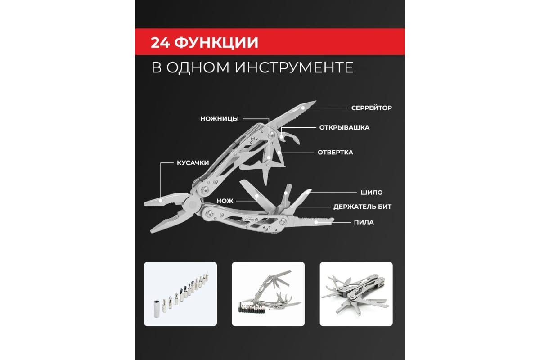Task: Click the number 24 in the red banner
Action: (x=160, y=43)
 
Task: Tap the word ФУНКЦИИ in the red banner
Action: (x=216, y=43)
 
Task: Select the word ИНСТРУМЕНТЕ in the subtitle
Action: (x=294, y=67)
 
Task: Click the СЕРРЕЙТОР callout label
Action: (x=372, y=108)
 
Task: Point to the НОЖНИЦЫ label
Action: (x=220, y=119)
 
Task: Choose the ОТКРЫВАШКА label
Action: (x=344, y=127)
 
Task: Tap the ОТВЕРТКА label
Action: (x=335, y=153)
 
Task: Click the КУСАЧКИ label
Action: (x=193, y=163)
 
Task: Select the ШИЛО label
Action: (x=372, y=193)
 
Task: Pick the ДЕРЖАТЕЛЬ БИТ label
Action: (x=362, y=207)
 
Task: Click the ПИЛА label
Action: (x=364, y=222)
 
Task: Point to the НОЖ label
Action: (x=225, y=201)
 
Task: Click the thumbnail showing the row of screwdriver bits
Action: (x=180, y=294)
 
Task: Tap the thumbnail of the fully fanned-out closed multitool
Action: (x=356, y=294)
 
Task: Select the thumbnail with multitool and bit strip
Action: (x=268, y=294)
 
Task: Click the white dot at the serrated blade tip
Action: (x=303, y=108)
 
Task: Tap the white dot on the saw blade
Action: (x=316, y=222)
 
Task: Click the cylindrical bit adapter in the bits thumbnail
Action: (x=157, y=309)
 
